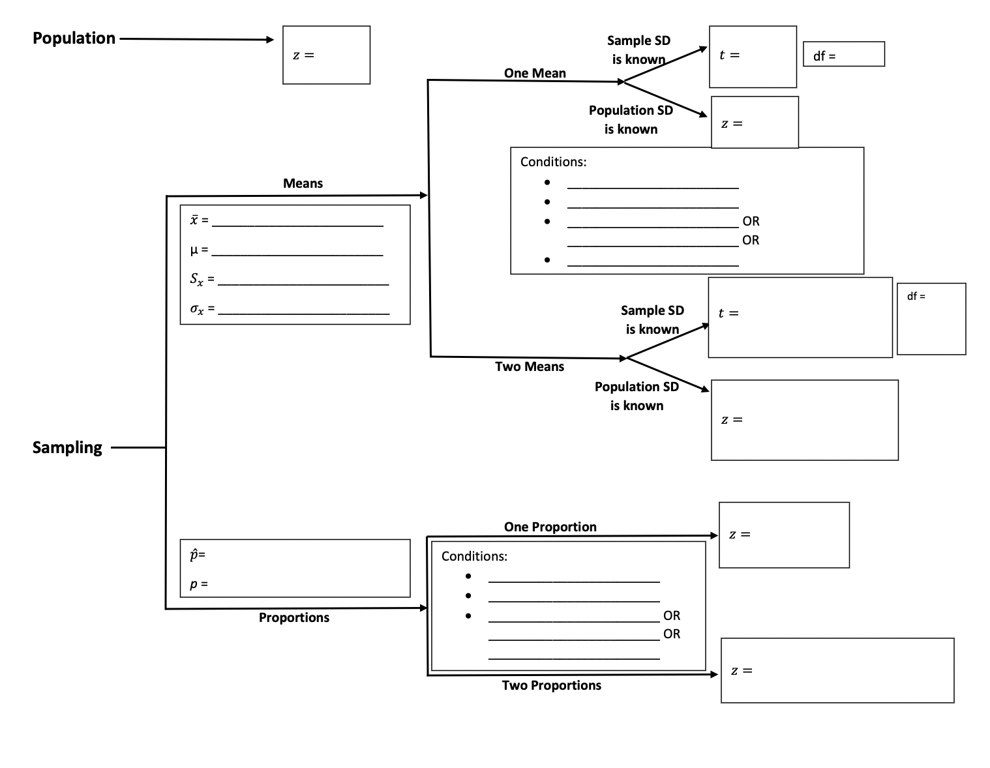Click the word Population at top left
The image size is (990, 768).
pos(74,38)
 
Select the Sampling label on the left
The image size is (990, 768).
pos(67,448)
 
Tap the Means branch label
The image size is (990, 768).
pos(303,184)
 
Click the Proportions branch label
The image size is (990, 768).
pos(293,618)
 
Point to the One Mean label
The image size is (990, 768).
pos(535,74)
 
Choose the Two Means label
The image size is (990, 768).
pos(529,367)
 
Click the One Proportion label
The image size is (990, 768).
pos(550,527)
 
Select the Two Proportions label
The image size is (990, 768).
pos(551,686)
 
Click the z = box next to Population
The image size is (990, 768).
pos(326,55)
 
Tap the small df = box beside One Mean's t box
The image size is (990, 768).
pos(843,55)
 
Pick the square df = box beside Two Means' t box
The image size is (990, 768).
pos(931,319)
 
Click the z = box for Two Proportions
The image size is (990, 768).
pos(837,671)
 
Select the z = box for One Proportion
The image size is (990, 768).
pos(784,535)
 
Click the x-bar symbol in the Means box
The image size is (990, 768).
pos(194,220)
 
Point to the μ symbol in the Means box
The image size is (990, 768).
pos(194,250)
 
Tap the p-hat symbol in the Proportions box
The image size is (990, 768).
pos(194,555)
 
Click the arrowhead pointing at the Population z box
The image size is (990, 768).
pos(269,40)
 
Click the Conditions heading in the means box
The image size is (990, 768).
pos(553,162)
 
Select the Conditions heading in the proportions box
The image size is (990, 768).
pos(474,557)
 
